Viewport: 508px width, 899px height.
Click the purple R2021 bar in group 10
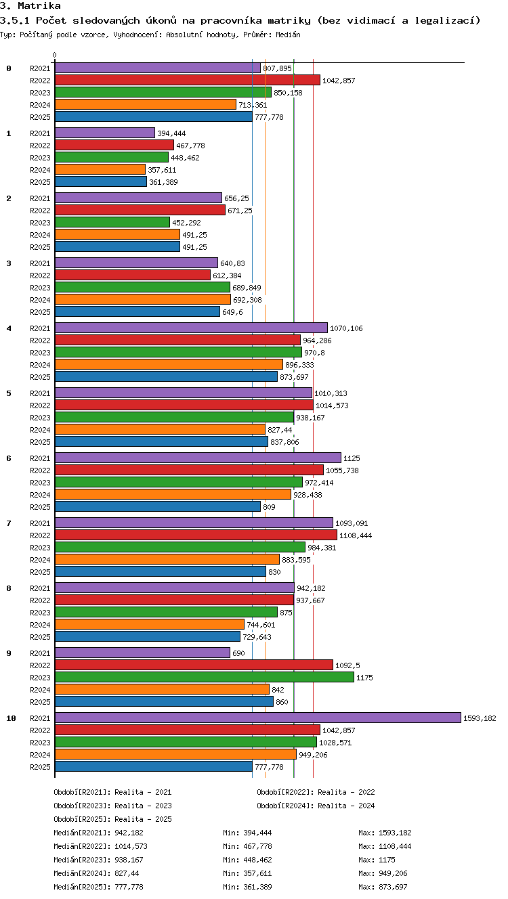[x=258, y=718]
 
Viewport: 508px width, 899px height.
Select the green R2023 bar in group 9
[x=205, y=677]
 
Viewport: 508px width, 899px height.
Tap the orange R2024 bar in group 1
[x=100, y=169]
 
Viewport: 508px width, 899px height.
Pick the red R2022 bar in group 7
[x=196, y=535]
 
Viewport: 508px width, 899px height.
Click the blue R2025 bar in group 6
[x=158, y=506]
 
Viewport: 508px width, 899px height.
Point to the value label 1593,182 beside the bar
[x=480, y=718]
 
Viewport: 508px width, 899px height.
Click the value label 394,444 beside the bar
[x=171, y=133]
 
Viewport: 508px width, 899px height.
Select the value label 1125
[x=352, y=458]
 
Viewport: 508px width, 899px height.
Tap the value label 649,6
[x=232, y=312]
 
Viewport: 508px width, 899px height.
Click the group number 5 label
[x=9, y=393]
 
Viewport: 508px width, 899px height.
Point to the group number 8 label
[x=9, y=588]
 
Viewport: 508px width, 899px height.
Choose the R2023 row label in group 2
[x=40, y=223]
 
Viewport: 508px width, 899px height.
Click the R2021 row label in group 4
[x=40, y=328]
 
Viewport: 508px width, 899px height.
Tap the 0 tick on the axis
[x=55, y=55]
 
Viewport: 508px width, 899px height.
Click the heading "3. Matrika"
[x=30, y=5]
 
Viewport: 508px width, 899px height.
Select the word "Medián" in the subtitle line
[x=288, y=35]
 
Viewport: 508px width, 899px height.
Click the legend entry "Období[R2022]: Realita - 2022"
[x=316, y=792]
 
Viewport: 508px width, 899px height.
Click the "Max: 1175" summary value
[x=377, y=860]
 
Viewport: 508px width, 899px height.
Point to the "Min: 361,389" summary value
[x=247, y=887]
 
